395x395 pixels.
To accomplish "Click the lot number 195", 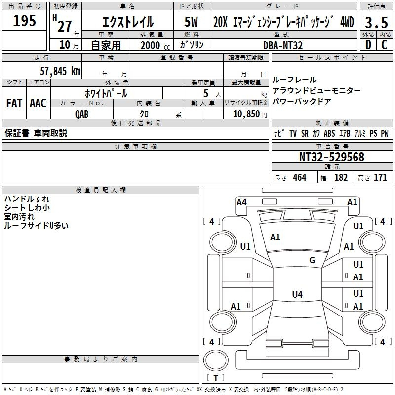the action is (24, 20).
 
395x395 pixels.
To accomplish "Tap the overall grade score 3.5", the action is (376, 23).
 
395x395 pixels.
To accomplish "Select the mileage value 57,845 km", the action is (60, 71).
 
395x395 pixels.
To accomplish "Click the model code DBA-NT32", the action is (283, 45).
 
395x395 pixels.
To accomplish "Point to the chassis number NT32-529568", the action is (332, 157).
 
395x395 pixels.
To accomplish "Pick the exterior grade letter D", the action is (368, 45).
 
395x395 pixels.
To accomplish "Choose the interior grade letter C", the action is (384, 45).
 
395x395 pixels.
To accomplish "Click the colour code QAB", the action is (81, 114).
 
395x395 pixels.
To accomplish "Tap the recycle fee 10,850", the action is (246, 114).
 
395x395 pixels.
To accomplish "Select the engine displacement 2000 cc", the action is (155, 45).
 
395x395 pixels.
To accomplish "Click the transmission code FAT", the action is (14, 103).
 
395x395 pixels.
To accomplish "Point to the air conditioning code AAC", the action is (38, 103).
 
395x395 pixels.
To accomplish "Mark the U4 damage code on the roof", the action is (297, 294).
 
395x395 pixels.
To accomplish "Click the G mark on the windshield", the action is (312, 260).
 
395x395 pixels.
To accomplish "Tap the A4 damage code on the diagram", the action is (241, 202).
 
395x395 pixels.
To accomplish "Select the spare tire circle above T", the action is (216, 360).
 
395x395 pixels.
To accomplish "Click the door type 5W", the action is (191, 22).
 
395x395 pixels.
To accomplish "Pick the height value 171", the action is (380, 177).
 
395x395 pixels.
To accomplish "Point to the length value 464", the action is (300, 177).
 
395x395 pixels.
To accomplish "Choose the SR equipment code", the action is (305, 133).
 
